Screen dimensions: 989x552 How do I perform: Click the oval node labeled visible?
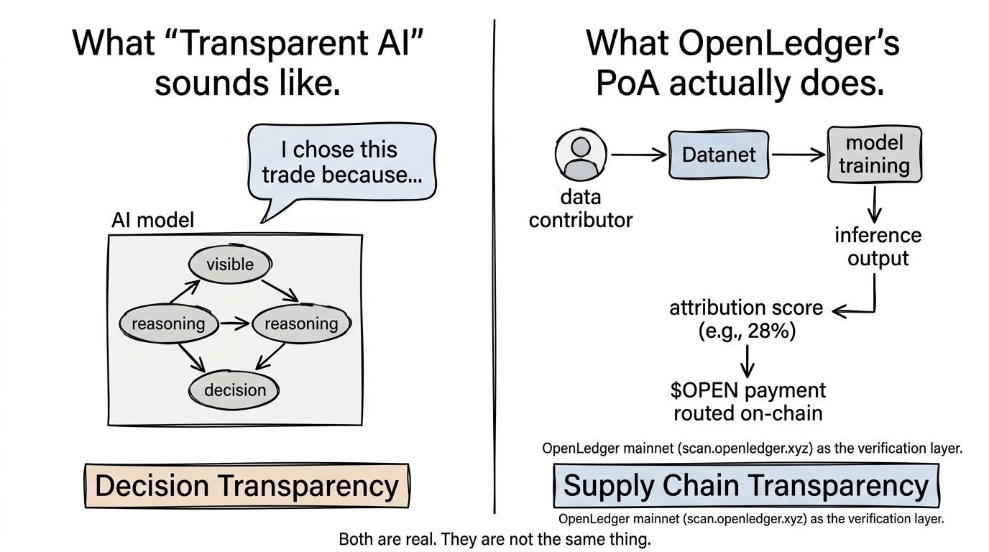(x=230, y=264)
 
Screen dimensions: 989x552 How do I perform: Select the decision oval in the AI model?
(x=234, y=390)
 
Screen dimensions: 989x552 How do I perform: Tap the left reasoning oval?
(x=169, y=323)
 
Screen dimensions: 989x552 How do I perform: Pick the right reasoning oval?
(x=302, y=323)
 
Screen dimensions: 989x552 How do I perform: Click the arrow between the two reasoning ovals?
(x=235, y=323)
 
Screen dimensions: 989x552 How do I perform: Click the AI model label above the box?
(x=153, y=220)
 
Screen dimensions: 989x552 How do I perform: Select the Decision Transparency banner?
(x=247, y=485)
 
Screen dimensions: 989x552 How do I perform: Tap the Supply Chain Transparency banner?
(x=746, y=485)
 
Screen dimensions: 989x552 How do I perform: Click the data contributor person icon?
(x=581, y=155)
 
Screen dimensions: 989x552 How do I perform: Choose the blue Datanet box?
(x=719, y=155)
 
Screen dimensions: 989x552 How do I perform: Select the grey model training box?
(x=875, y=154)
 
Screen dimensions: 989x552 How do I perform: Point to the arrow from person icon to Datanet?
(x=639, y=155)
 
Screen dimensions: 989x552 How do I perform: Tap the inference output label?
(x=878, y=247)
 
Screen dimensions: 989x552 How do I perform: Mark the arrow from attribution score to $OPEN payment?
(x=747, y=362)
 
